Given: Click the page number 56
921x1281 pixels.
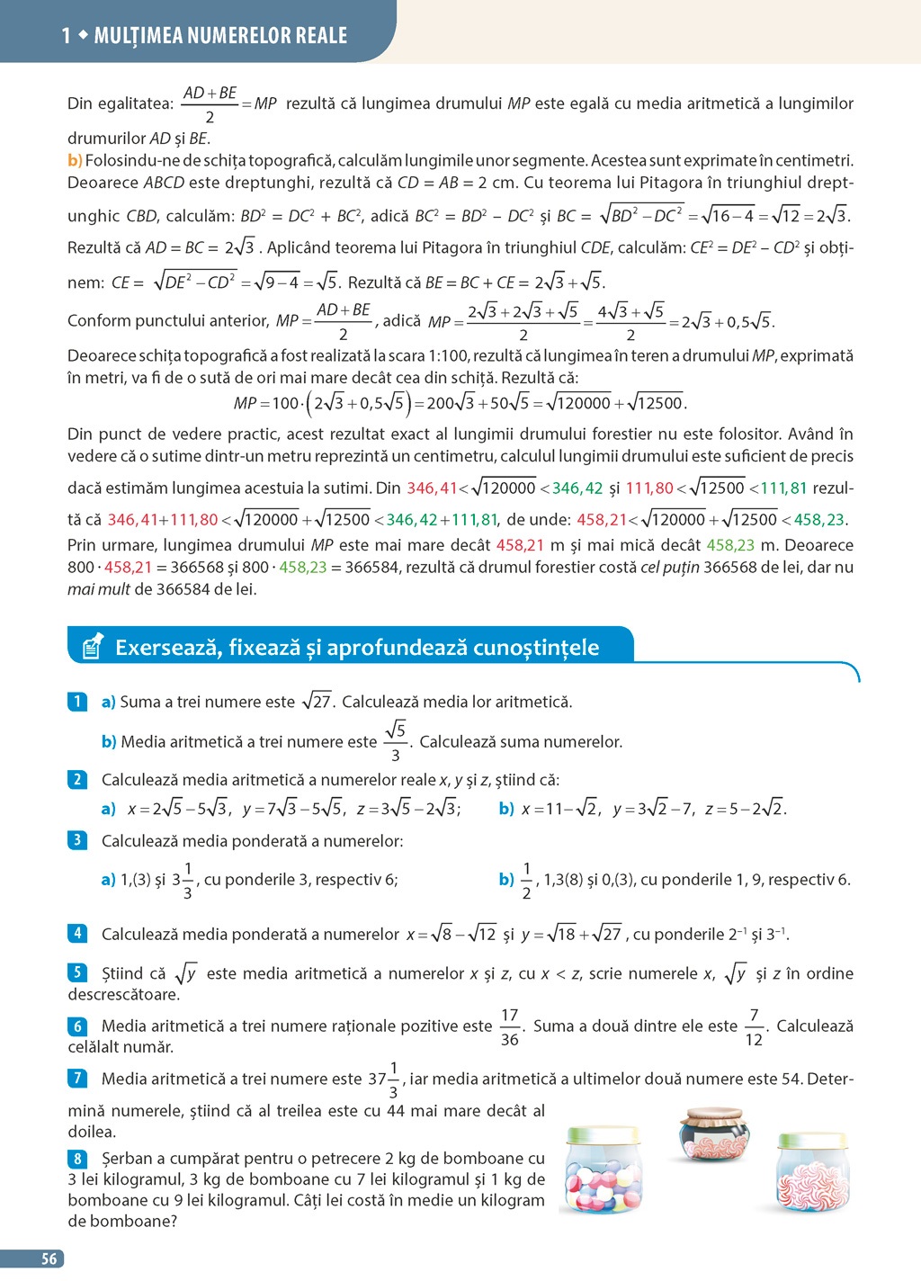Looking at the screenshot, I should pyautogui.click(x=49, y=1259).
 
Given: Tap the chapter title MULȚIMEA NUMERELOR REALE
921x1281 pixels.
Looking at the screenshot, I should pyautogui.click(x=220, y=35).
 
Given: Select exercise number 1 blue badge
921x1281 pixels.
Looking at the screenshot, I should pyautogui.click(x=77, y=702).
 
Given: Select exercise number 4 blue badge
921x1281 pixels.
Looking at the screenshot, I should pyautogui.click(x=77, y=933).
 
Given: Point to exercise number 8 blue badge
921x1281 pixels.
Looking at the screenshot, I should pyautogui.click(x=78, y=1158).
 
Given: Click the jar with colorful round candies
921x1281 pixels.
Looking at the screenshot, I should pyautogui.click(x=602, y=1169).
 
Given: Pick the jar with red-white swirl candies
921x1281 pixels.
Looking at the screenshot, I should pyautogui.click(x=812, y=1174).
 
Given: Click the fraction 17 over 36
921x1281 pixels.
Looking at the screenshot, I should pyautogui.click(x=510, y=1026).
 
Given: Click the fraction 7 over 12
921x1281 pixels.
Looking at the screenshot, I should pyautogui.click(x=754, y=1026).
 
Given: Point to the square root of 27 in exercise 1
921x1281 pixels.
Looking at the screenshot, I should pyautogui.click(x=317, y=701).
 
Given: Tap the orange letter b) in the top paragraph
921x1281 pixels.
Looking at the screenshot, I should pyautogui.click(x=75, y=160).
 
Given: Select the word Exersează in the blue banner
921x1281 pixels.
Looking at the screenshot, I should pyautogui.click(x=167, y=647).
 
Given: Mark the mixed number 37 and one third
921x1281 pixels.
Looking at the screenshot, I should pyautogui.click(x=383, y=1079).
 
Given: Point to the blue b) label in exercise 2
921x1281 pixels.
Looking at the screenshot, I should pyautogui.click(x=506, y=808).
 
